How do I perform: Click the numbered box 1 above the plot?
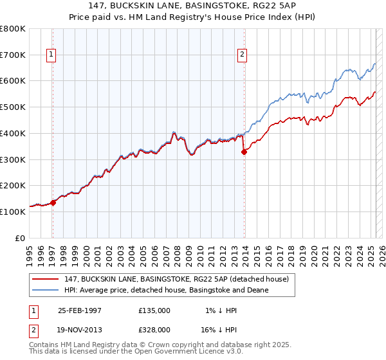[51, 55]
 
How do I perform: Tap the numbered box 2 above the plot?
[243, 55]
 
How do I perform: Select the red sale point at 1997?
[53, 202]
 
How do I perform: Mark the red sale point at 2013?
[244, 152]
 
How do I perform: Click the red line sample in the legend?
[46, 279]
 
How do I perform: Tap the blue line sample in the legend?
[46, 290]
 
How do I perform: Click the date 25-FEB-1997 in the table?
[80, 310]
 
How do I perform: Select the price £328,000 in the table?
[154, 329]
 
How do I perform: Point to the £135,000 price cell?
[154, 310]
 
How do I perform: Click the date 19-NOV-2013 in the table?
[80, 329]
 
